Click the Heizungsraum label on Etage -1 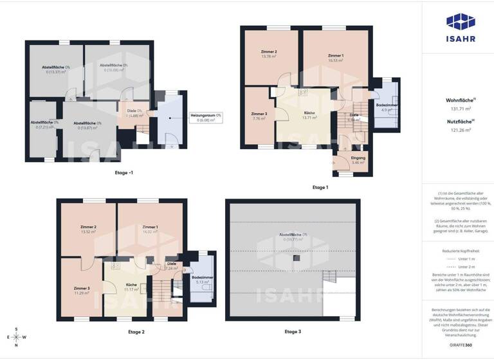206,115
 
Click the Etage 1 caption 320,187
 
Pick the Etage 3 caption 293,332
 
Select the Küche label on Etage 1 309,113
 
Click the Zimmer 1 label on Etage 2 151,227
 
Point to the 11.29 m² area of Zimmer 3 81,293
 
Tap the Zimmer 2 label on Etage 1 269,51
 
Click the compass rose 16,337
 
